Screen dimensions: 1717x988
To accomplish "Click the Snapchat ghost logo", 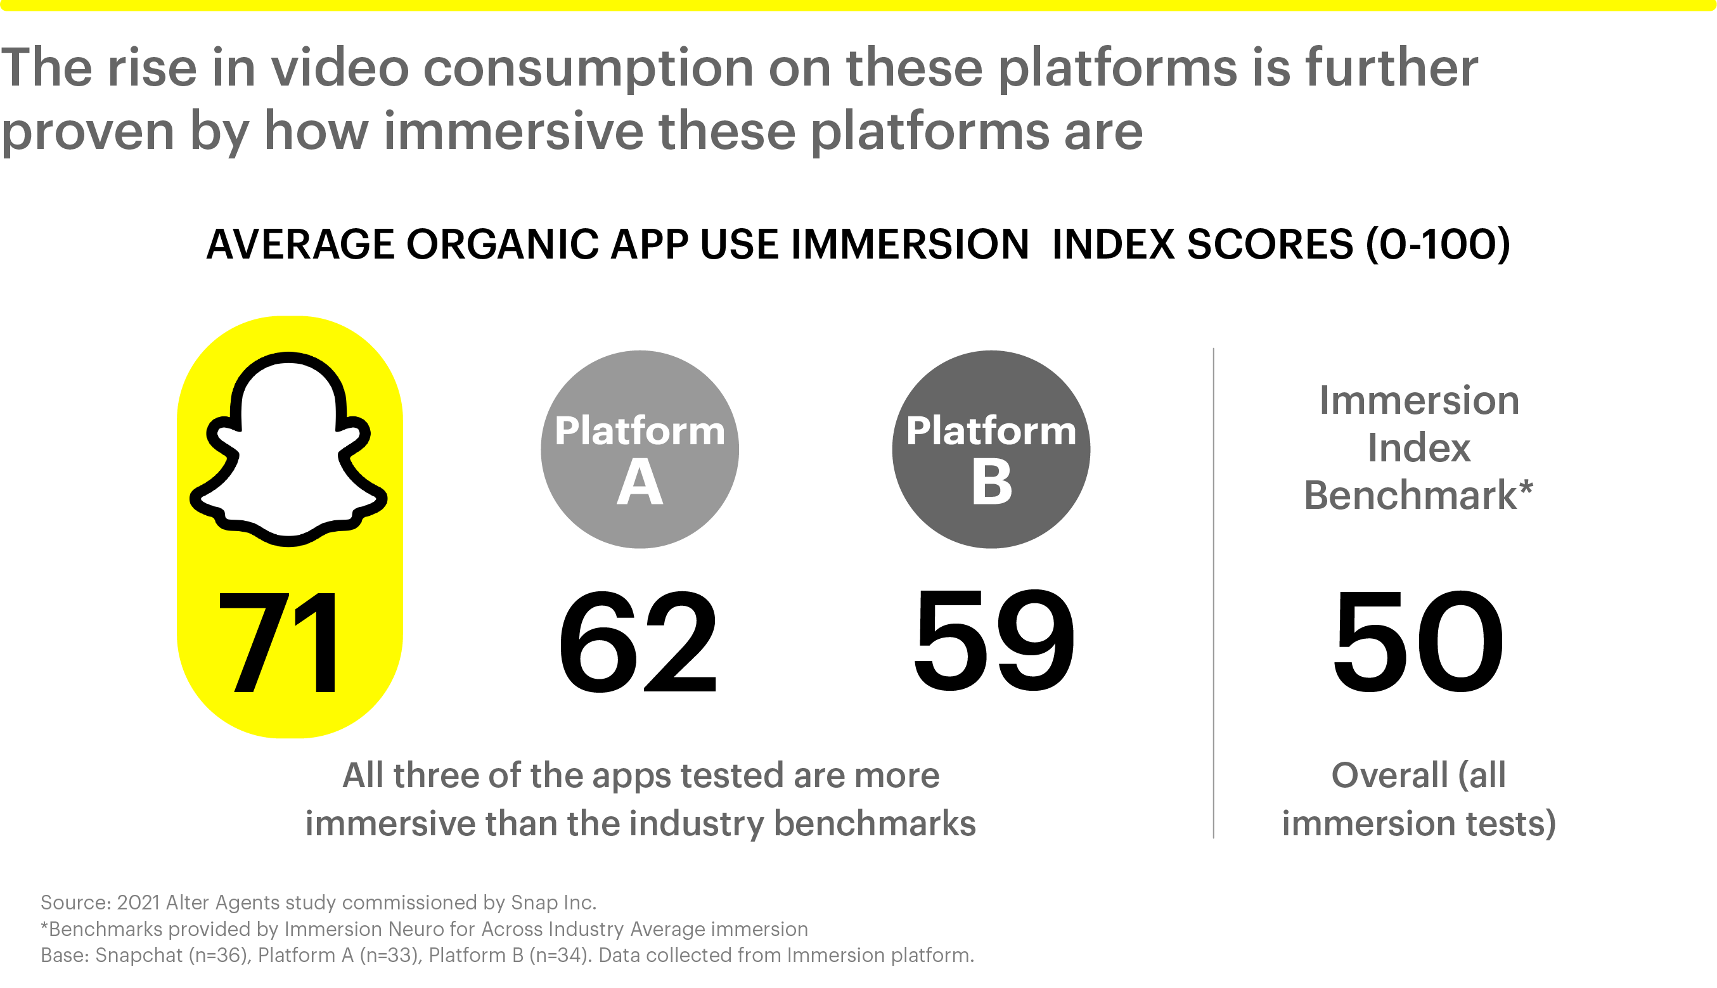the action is [288, 449].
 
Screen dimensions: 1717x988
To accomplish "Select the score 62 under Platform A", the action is [638, 642].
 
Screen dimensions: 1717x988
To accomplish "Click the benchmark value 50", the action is [1418, 642].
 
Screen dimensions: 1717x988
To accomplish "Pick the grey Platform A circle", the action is [640, 449].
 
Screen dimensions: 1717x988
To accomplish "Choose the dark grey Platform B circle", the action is [991, 449].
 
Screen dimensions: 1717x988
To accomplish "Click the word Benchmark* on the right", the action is [1418, 495].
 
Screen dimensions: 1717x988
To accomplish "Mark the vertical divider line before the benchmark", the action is [1214, 593].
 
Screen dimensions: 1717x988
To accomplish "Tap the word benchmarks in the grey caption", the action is [874, 824].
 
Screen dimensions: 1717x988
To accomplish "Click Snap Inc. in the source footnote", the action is [554, 902].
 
